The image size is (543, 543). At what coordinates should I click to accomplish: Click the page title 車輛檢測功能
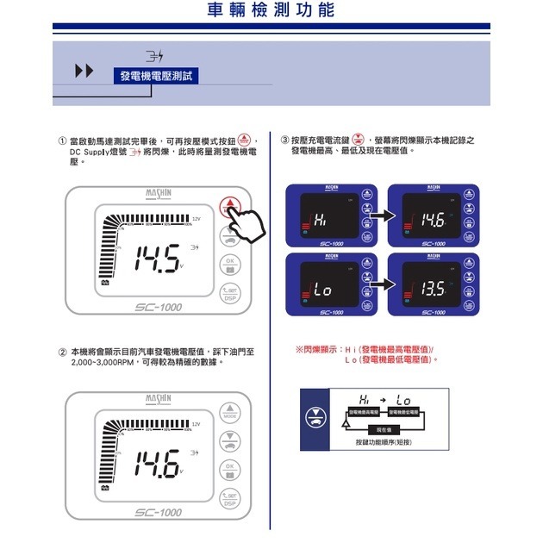tap(271, 11)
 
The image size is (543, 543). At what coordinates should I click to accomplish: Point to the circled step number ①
tap(62, 140)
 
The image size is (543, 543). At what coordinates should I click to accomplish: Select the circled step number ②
tap(62, 352)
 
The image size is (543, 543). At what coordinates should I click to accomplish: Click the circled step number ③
tap(284, 140)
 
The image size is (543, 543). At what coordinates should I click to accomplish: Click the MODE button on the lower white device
tap(229, 413)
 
